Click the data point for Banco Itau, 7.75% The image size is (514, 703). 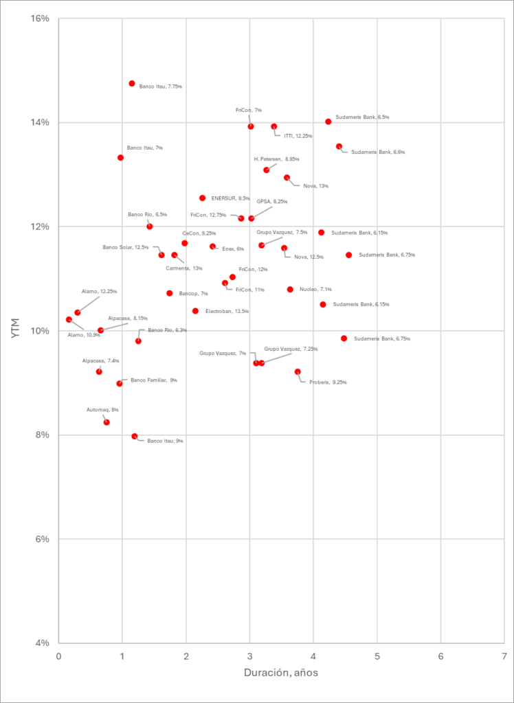click(132, 84)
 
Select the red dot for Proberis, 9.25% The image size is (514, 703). click(298, 371)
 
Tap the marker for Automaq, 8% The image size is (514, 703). click(107, 422)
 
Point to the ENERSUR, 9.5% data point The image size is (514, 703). click(202, 198)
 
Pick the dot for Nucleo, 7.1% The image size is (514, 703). click(290, 289)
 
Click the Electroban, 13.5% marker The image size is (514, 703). click(195, 311)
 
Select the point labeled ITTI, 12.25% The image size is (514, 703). click(274, 126)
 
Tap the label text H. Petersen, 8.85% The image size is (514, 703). click(276, 159)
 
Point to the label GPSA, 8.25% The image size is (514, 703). click(272, 202)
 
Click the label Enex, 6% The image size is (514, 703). click(233, 249)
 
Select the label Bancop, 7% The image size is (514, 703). click(193, 293)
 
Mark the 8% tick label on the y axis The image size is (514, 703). click(42, 435)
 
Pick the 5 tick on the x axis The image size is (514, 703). click(377, 656)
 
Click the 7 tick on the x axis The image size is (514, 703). click(504, 656)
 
